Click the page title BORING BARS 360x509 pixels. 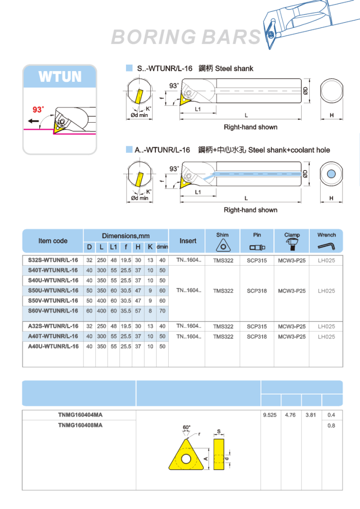(186, 37)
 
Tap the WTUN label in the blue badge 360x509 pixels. (60, 77)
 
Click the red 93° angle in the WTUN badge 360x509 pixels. (38, 110)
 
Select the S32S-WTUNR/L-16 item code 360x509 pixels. (53, 260)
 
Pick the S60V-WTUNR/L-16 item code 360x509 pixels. (53, 311)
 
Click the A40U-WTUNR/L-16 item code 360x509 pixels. (53, 347)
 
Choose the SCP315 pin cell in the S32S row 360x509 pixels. (257, 260)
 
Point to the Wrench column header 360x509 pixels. (326, 235)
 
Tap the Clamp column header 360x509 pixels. (292, 235)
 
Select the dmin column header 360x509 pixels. (162, 247)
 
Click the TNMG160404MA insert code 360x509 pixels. (80, 415)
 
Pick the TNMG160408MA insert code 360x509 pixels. (80, 425)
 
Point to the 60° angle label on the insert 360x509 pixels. (187, 428)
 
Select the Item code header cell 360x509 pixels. (53, 241)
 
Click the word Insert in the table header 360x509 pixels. (188, 241)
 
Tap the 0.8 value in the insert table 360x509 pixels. (331, 426)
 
